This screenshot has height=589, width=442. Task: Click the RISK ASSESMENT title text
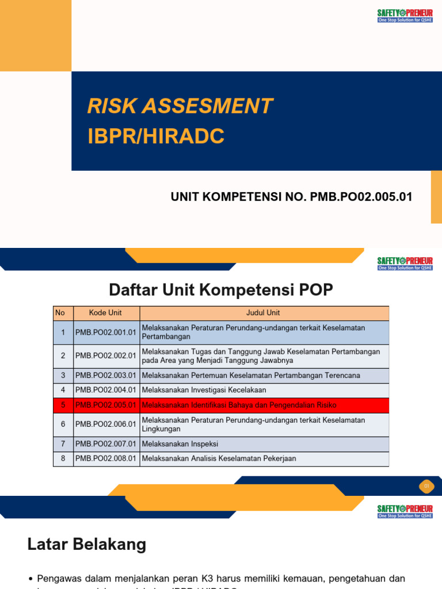point(180,106)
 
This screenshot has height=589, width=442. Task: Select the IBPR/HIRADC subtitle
point(155,137)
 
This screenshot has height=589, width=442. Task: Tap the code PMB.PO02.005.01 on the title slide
point(361,197)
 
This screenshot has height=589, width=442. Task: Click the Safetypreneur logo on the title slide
point(405,16)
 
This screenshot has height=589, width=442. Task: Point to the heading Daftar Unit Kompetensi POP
point(221,290)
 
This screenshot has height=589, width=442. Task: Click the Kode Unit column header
point(106,313)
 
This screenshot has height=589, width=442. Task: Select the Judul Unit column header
point(263,313)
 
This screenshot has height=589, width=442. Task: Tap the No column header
point(60,313)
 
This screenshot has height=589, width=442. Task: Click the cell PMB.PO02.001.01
point(106,332)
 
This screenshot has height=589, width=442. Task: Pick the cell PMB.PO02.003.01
point(106,375)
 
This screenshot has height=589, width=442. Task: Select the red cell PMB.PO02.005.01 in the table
point(106,405)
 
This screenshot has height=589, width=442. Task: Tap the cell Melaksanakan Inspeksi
point(180,443)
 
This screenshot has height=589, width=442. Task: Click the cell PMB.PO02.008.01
point(106,458)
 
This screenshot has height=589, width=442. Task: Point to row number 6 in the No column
point(63,424)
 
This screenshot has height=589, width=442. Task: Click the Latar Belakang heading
point(87,544)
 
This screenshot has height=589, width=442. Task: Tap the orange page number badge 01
point(427,487)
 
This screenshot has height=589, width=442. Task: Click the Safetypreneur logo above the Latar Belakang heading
point(405,512)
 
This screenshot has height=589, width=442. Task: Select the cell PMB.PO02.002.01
point(106,355)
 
